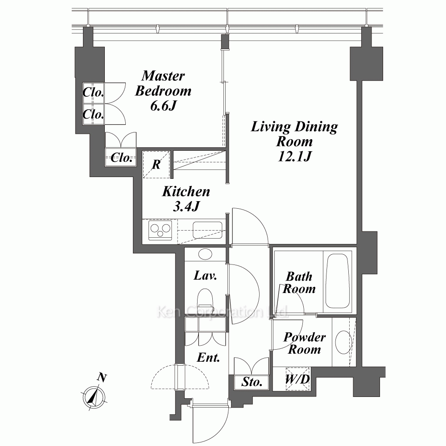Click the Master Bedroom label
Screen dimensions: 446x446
coord(163,83)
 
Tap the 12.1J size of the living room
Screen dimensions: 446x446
coord(294,156)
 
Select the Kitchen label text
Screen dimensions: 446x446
coord(186,191)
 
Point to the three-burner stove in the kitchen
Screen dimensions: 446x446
coord(160,230)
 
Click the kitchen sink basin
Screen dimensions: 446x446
coord(207,230)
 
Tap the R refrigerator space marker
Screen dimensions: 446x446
coord(156,165)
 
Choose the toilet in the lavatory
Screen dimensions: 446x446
coord(205,298)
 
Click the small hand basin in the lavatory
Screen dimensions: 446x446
coord(205,254)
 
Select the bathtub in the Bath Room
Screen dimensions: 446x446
coord(337,281)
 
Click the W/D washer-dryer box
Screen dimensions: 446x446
coord(297,379)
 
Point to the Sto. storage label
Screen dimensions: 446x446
coord(252,382)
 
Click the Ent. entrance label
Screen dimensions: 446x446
coord(208,358)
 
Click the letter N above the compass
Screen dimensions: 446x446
coord(102,377)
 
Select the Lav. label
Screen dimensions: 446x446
coord(205,275)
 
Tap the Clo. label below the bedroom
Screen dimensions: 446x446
coord(121,157)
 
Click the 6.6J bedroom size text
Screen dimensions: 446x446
coord(163,106)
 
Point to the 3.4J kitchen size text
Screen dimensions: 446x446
coord(186,206)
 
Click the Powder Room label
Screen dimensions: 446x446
coord(304,343)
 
